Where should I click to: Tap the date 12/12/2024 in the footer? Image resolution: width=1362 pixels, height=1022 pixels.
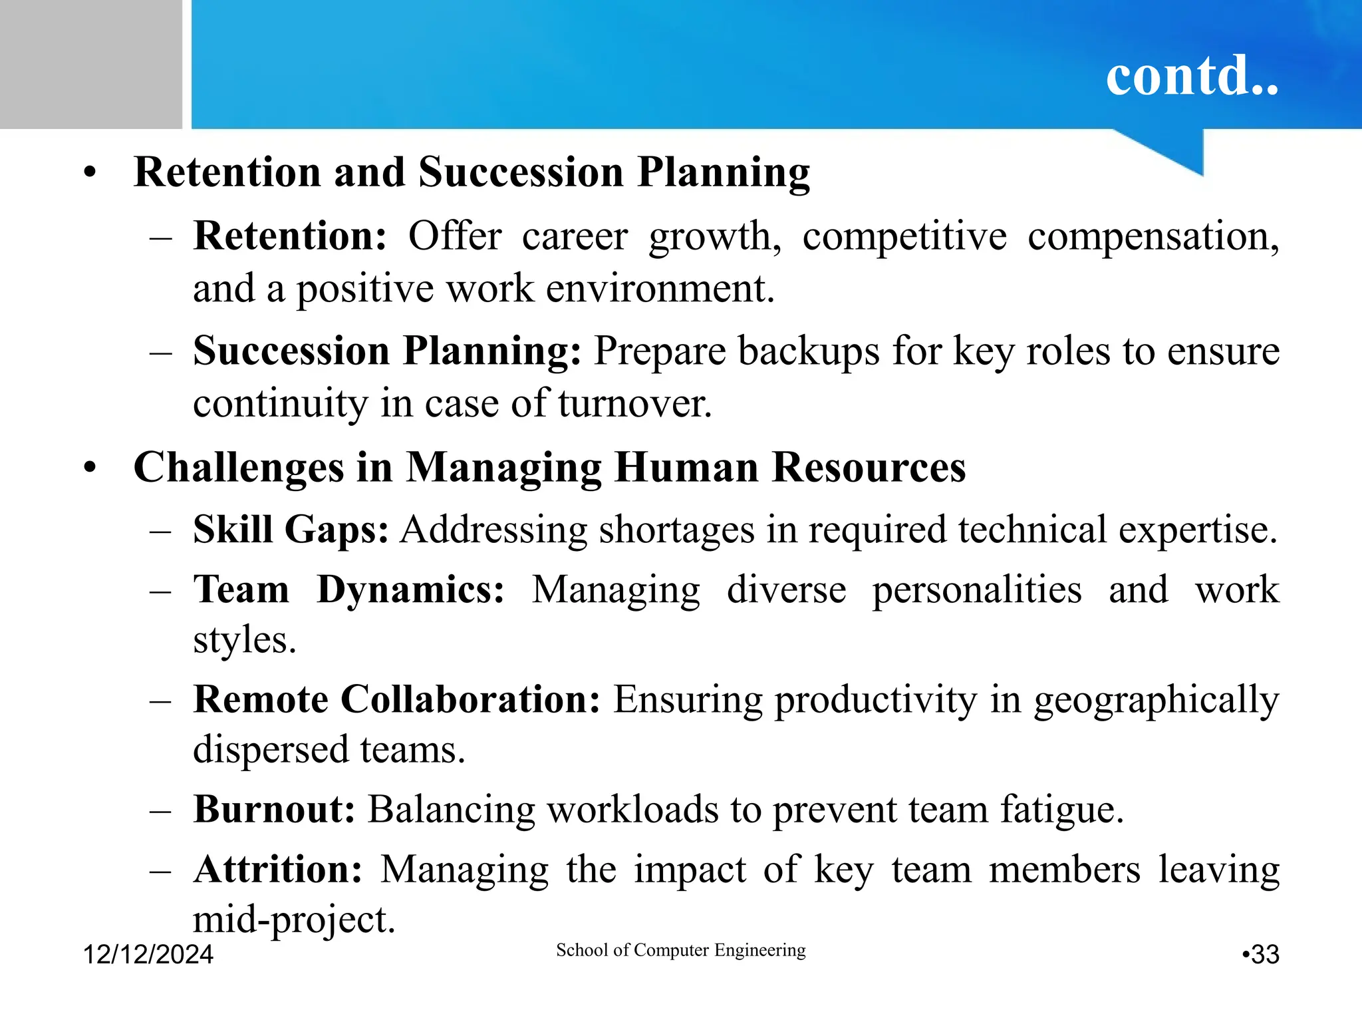[148, 954]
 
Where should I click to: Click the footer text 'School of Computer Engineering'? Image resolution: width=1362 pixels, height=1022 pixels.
[680, 950]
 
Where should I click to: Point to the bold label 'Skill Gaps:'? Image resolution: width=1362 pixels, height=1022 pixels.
[291, 530]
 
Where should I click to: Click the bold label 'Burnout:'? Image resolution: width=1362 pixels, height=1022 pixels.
[274, 810]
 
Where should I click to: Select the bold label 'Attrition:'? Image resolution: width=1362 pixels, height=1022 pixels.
[278, 869]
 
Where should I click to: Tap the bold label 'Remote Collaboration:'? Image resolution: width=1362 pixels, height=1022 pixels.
[396, 699]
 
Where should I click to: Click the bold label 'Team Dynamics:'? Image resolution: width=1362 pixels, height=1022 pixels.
[348, 590]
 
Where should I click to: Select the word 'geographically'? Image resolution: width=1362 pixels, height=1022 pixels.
[1156, 701]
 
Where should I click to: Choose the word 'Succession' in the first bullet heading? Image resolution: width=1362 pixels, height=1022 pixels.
[521, 172]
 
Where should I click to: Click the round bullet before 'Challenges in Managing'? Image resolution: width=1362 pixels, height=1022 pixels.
[90, 468]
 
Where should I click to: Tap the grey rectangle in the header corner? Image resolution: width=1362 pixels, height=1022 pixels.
[90, 64]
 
